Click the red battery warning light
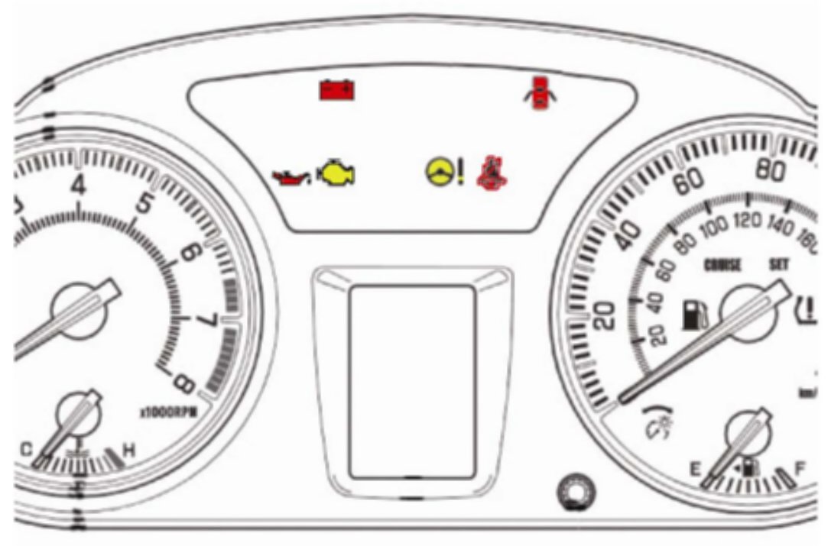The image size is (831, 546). tap(336, 90)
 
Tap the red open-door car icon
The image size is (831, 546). tap(540, 94)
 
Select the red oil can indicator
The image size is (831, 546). tap(291, 178)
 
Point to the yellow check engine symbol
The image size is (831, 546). tap(337, 175)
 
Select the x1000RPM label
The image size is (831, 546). tap(168, 412)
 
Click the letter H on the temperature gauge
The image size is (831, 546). tap(128, 451)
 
